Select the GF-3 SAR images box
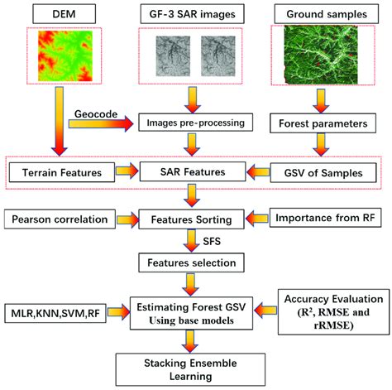coord(193,13)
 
